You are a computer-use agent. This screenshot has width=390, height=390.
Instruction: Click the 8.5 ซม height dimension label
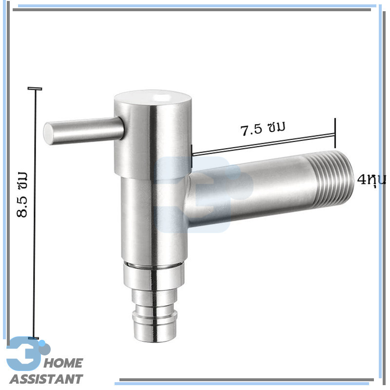point(22,194)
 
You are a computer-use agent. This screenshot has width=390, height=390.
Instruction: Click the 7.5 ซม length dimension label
point(263,129)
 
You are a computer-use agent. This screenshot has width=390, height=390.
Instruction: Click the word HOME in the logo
point(63,363)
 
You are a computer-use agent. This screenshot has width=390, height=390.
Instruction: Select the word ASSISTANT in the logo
point(46,379)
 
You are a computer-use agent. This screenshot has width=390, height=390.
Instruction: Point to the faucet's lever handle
point(83,131)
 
